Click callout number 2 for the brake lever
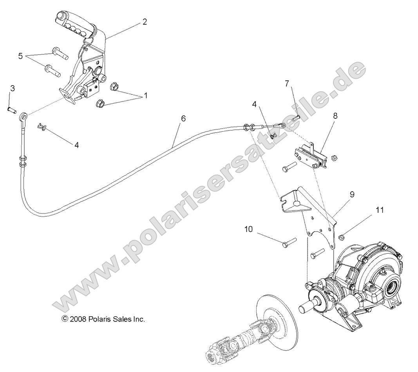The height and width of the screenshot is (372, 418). [145, 22]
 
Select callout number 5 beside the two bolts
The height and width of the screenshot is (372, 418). [20, 56]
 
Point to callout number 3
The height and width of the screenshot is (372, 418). [12, 88]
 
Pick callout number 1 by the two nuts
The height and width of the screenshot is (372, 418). [146, 95]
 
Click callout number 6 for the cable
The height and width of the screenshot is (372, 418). [183, 118]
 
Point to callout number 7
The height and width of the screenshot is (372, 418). [287, 83]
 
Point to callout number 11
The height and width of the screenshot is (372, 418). [379, 210]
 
